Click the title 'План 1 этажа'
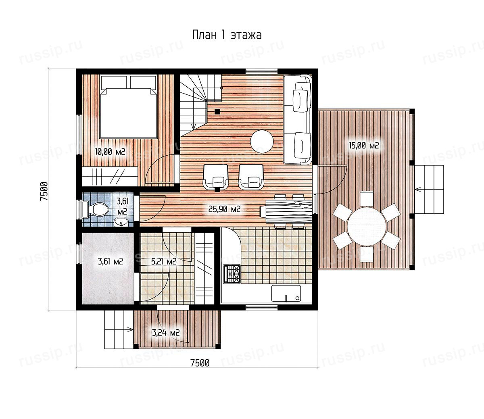pyautogui.click(x=227, y=35)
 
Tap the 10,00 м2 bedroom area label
pyautogui.click(x=110, y=152)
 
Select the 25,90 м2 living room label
pyautogui.click(x=224, y=209)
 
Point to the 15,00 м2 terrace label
pyautogui.click(x=364, y=145)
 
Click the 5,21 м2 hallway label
pyautogui.click(x=164, y=261)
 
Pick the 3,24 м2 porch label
pyautogui.click(x=166, y=332)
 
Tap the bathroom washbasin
pyautogui.click(x=121, y=222)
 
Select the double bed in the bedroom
pyautogui.click(x=128, y=106)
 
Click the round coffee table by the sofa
pyautogui.click(x=262, y=142)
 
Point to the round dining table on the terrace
pyautogui.click(x=367, y=226)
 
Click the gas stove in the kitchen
pyautogui.click(x=232, y=274)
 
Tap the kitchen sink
pyautogui.click(x=286, y=294)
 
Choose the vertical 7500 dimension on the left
pyautogui.click(x=44, y=191)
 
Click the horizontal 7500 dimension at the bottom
pyautogui.click(x=200, y=363)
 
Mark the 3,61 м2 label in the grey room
pyautogui.click(x=110, y=261)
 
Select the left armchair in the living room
pyautogui.click(x=216, y=177)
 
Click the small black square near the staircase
pyautogui.click(x=217, y=112)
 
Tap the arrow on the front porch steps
pyautogui.click(x=128, y=330)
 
